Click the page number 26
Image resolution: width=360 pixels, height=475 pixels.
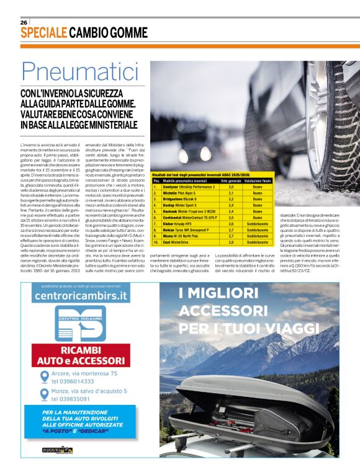coord(24,22)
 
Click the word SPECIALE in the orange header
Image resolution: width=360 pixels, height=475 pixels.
coord(43,33)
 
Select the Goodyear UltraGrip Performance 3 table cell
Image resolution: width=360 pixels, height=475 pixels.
coord(189,186)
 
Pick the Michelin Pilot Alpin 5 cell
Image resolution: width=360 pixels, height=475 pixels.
coord(180,193)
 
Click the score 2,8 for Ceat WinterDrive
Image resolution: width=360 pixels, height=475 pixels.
coord(231,242)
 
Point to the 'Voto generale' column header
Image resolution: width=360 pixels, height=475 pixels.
coord(231,180)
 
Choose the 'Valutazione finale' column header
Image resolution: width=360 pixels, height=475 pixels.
coord(258,180)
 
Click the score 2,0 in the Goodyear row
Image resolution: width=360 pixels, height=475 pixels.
coord(231,186)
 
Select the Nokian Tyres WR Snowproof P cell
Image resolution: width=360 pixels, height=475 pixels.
coord(188,229)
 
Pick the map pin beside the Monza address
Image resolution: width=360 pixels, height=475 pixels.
coord(42,395)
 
